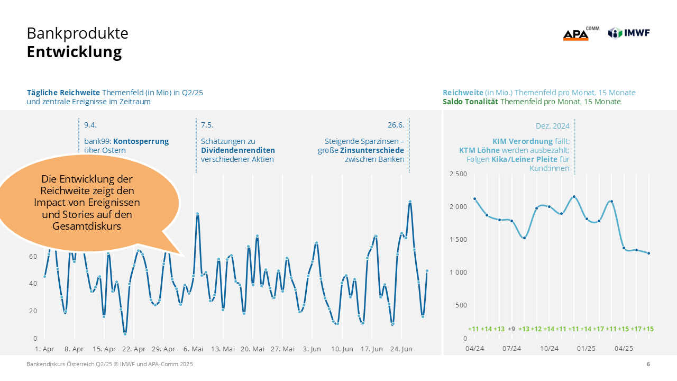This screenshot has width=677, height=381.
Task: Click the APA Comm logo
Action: point(580,34)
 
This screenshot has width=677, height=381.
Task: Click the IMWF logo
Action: point(629,33)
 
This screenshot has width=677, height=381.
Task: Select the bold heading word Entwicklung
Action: point(74,52)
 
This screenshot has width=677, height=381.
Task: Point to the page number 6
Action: point(648,364)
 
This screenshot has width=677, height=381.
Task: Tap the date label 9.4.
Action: point(90,125)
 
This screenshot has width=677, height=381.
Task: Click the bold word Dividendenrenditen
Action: point(238,150)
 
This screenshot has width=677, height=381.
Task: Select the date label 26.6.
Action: point(396,125)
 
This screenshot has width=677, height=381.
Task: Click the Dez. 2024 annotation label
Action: point(552,126)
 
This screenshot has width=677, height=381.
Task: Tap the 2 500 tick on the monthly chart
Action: point(458,174)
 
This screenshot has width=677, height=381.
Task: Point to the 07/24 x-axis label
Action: point(511,348)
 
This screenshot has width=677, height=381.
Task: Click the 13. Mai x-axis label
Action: point(223,349)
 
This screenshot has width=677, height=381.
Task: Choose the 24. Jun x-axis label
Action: point(401,349)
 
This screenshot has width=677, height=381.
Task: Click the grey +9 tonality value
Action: point(511,329)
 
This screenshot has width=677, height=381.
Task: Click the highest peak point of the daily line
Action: point(410,202)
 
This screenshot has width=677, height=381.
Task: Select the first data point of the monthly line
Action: point(474,199)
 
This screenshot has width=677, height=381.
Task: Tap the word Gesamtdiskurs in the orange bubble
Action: point(87,226)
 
